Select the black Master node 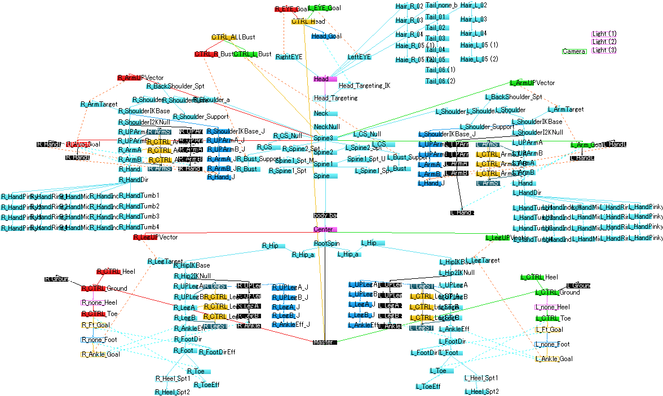pyautogui.click(x=324, y=342)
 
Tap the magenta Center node pyautogui.click(x=325, y=229)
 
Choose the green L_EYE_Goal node pyautogui.click(x=324, y=8)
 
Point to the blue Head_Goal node pyautogui.click(x=326, y=36)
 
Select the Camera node pyautogui.click(x=574, y=51)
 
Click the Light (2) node pyautogui.click(x=604, y=42)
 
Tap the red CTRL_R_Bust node pyautogui.click(x=214, y=54)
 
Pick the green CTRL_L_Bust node pyautogui.click(x=252, y=54)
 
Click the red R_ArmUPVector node pyautogui.click(x=140, y=77)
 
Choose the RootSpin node pyautogui.click(x=326, y=243)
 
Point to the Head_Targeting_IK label pyautogui.click(x=364, y=86)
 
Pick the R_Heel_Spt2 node pyautogui.click(x=173, y=391)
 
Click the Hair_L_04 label pyautogui.click(x=473, y=33)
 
